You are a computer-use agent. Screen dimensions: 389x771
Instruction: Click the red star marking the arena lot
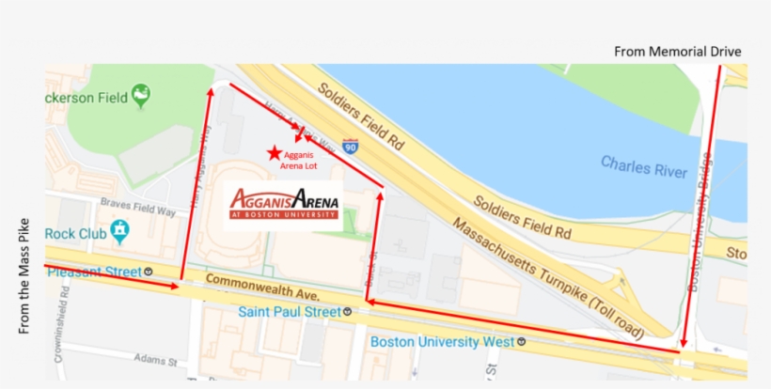pos(274,152)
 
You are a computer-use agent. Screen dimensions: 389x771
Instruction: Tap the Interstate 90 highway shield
pos(351,146)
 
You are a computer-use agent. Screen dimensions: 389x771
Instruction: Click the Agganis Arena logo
pos(284,203)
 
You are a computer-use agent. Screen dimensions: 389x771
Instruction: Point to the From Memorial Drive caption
pos(678,51)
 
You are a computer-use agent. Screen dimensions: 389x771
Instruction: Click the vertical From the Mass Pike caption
pos(24,276)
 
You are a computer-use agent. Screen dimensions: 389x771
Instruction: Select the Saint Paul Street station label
pos(290,311)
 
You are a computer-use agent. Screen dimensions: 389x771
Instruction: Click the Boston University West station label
pos(442,342)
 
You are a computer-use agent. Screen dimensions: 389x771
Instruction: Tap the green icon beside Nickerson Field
pos(141,93)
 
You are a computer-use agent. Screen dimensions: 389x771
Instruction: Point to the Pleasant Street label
pos(93,272)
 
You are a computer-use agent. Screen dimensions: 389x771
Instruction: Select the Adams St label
pos(155,360)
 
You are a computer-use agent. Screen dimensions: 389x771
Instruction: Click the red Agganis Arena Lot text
pos(301,161)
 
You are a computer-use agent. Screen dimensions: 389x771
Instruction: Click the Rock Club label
pos(76,232)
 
